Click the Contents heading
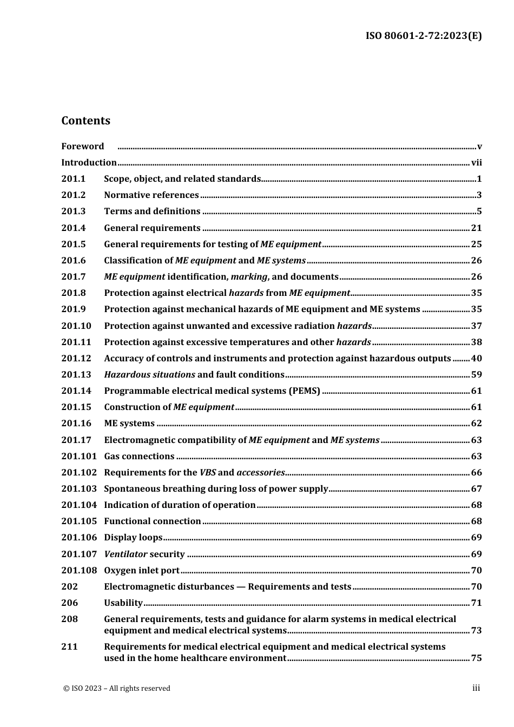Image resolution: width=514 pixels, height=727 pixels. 85,121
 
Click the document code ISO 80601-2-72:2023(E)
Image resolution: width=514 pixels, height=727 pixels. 424,36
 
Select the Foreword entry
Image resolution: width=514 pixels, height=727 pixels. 82,146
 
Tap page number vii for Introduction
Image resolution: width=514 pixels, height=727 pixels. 476,162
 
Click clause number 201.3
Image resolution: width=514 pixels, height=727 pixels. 74,212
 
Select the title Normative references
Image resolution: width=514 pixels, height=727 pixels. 151,195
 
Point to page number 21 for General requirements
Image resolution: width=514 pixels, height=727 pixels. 476,228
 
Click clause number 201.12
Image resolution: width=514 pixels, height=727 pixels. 76,358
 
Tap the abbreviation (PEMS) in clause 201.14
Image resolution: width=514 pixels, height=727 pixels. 305,391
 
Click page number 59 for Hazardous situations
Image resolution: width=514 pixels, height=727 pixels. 476,374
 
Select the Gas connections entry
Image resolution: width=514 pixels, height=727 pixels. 139,456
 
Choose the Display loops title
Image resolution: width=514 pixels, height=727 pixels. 133,537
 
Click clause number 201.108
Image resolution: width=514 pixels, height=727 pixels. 78,570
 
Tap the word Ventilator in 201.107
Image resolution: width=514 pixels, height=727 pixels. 126,554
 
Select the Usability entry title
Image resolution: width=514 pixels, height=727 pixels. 123,603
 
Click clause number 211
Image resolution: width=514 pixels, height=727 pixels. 69,646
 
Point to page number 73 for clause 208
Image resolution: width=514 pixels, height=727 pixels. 476,630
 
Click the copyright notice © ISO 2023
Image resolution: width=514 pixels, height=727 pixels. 116,688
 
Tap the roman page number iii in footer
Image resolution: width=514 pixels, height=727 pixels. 476,688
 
